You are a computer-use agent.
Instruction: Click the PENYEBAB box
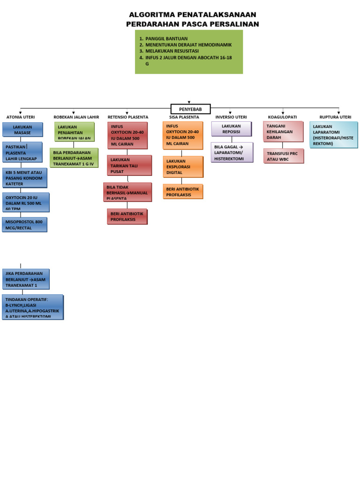190,109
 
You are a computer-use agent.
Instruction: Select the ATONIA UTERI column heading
21,117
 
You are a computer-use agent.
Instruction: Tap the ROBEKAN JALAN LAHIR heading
76,117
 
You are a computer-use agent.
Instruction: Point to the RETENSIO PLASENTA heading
127,117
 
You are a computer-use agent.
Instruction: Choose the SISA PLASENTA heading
184,117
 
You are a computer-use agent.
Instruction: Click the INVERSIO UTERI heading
231,117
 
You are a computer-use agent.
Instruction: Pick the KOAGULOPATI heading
282,117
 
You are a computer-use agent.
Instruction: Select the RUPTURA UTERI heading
335,117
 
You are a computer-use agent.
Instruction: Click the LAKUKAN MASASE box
22,129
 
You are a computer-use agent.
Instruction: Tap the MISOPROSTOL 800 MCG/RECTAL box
25,225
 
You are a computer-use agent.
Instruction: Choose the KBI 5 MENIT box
25,178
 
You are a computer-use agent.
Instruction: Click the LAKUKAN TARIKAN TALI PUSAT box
129,165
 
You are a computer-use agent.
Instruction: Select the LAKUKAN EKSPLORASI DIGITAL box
183,167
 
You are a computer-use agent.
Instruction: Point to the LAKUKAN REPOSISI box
232,129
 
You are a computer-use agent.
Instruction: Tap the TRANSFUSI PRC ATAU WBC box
283,156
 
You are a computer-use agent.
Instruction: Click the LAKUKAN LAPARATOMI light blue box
333,135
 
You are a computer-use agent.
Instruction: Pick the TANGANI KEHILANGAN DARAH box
283,132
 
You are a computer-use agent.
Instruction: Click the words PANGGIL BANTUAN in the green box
166,39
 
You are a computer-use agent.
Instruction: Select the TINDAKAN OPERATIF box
32,307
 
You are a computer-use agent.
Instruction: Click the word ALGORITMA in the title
148,15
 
